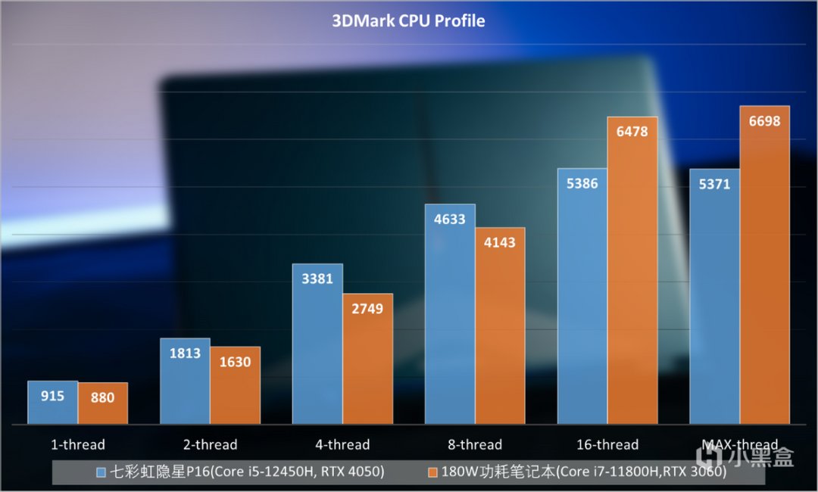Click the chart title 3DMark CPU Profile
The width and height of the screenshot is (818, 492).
pos(408,20)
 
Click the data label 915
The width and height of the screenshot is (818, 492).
pos(53,396)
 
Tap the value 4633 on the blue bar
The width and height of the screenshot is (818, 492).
pos(450,220)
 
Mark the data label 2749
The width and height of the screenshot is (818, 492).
pos(367,309)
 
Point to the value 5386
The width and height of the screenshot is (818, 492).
pos(582,184)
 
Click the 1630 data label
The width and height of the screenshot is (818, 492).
pos(235,362)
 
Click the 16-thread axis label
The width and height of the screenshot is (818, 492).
pos(607,445)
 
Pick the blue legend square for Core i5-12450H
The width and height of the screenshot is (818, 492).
pos(101,472)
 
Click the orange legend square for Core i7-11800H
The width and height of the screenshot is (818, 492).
pos(432,472)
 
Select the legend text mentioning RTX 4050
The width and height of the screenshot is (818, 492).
pos(248,472)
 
